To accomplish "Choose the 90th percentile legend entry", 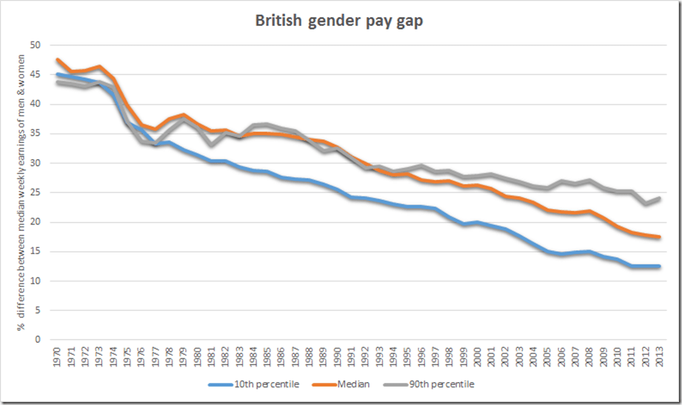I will (x=436, y=384).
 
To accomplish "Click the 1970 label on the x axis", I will (x=57, y=355).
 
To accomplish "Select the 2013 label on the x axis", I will (x=660, y=355).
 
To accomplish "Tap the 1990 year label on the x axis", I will (x=338, y=355).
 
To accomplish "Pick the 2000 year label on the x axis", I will (x=478, y=355).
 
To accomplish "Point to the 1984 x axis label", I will (x=253, y=355).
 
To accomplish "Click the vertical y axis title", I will (x=14, y=193).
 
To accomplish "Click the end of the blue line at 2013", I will (x=659, y=267).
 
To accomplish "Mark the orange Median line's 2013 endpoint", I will (x=659, y=237).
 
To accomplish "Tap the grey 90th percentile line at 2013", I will (x=659, y=198).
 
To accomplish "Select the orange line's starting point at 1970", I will (x=58, y=60).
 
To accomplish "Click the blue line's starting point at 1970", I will (x=58, y=74).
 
